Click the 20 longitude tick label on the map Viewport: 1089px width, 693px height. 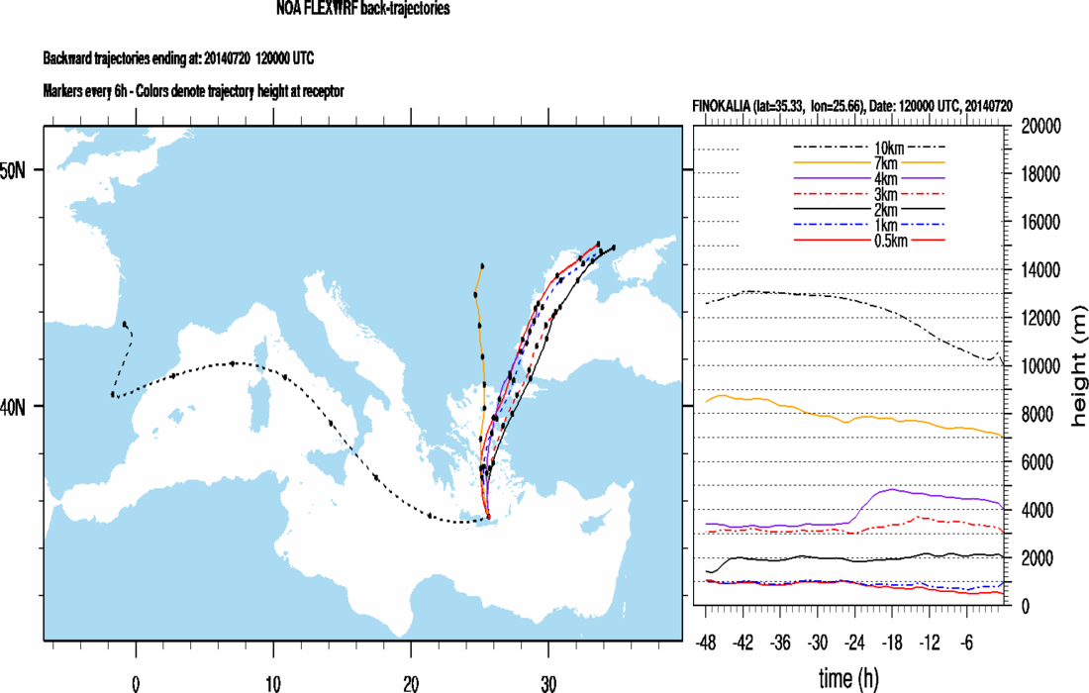(410, 683)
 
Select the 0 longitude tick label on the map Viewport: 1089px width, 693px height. (136, 683)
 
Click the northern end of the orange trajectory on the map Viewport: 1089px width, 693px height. (482, 265)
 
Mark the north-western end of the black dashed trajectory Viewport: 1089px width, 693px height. (125, 324)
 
